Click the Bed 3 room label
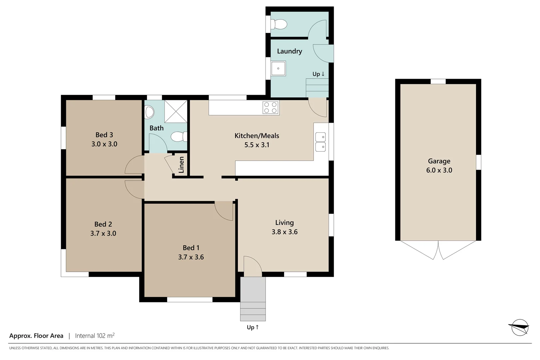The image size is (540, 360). click(x=104, y=135)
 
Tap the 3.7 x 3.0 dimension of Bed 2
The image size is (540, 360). click(x=103, y=234)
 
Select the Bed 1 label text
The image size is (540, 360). click(x=191, y=248)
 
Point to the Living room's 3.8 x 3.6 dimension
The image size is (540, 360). click(x=284, y=232)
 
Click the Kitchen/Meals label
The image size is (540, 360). click(x=257, y=136)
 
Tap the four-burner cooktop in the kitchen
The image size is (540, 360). click(x=270, y=107)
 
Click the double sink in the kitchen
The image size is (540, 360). click(x=320, y=142)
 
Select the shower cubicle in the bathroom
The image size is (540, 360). click(x=176, y=111)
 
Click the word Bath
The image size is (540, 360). click(x=157, y=128)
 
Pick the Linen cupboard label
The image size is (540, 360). click(x=181, y=165)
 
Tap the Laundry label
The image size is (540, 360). click(x=289, y=51)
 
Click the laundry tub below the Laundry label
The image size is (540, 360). click(x=278, y=69)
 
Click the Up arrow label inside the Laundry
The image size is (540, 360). click(x=318, y=74)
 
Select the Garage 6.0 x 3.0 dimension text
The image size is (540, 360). click(x=439, y=170)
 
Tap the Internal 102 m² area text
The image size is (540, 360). click(x=95, y=336)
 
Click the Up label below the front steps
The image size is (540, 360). click(x=253, y=327)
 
